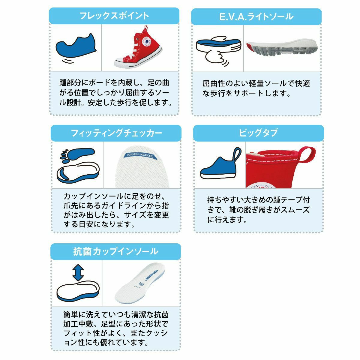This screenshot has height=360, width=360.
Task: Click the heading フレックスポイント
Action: pyautogui.click(x=114, y=16)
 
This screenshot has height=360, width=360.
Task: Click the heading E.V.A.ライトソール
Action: pyautogui.click(x=256, y=16)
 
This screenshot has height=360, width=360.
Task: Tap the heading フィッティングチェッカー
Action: pyautogui.click(x=116, y=133)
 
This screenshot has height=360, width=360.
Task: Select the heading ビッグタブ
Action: pyautogui.click(x=258, y=133)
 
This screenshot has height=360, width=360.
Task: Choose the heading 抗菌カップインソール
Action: pyautogui.click(x=115, y=252)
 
